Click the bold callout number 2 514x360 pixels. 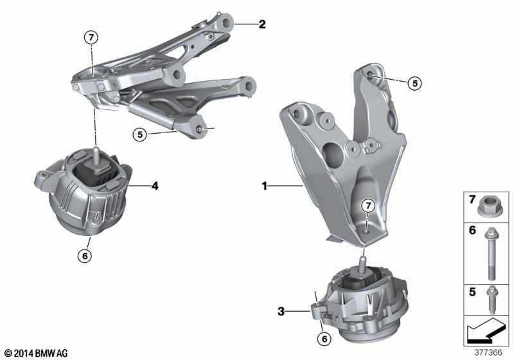262,24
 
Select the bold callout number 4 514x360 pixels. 155,186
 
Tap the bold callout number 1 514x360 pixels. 265,186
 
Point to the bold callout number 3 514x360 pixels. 281,311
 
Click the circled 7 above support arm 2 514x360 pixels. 91,38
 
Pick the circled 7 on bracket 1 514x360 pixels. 368,206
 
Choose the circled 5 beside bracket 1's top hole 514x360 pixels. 415,84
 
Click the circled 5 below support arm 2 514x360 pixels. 140,134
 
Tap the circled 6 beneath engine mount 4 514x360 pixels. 85,256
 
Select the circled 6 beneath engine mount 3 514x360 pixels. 324,339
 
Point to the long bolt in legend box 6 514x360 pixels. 491,254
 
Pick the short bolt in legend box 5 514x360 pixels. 492,300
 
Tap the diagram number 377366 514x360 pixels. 488,352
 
